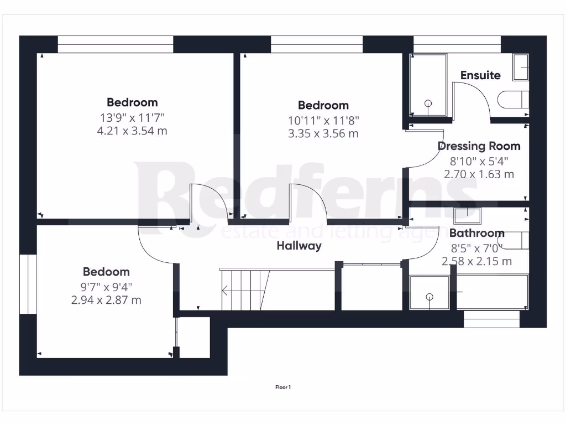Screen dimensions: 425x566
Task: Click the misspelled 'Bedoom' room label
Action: coord(106,272)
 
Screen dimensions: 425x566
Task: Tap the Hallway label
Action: coord(299,246)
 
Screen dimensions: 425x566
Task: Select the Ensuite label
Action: coord(480,75)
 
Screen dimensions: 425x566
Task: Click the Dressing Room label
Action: coord(479,146)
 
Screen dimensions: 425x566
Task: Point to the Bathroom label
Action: coord(476,233)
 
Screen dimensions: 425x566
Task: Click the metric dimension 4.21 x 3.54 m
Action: coord(132,131)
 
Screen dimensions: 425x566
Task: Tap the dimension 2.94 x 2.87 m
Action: coord(106,300)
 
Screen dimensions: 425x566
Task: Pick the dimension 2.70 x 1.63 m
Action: coord(479,174)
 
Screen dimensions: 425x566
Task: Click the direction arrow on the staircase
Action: coord(226,289)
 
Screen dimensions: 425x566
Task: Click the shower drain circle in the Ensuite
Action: coord(428,103)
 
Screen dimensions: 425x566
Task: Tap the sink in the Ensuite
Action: coord(521,67)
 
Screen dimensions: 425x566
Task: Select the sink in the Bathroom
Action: coord(468,214)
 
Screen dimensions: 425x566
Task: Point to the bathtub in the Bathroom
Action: coord(491,292)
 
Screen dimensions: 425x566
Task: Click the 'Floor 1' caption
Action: coord(283,387)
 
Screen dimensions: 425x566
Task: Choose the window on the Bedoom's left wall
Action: coord(28,284)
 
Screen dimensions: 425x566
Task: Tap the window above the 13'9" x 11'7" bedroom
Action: coord(116,44)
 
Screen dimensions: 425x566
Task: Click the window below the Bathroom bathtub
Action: coord(491,319)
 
